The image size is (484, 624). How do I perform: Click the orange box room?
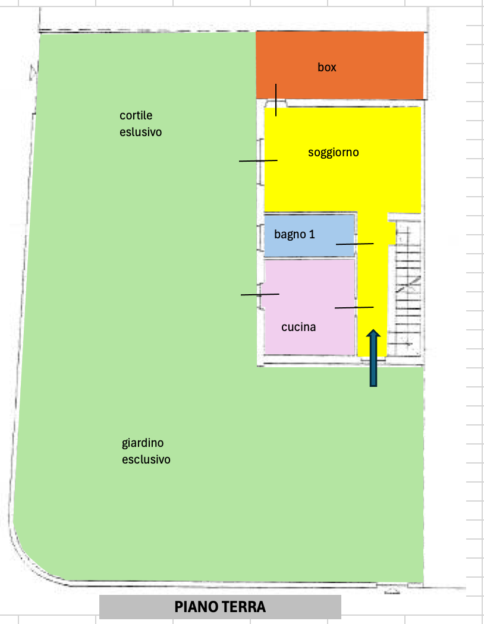click(340, 65)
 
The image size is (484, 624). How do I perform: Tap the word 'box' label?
click(327, 67)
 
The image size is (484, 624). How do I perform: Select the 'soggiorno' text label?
click(334, 152)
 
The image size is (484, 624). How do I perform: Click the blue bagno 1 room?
click(309, 235)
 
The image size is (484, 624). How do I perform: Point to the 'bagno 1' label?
click(294, 234)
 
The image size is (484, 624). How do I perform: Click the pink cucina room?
click(309, 307)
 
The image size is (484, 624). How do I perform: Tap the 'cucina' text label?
click(298, 327)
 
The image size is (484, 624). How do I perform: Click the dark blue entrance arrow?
click(373, 358)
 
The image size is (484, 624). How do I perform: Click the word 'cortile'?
click(136, 115)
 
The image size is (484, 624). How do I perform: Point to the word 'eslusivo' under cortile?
click(140, 132)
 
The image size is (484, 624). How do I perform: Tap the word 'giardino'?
click(143, 443)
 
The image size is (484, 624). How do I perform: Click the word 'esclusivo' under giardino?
click(146, 459)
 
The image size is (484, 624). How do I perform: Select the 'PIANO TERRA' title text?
click(220, 607)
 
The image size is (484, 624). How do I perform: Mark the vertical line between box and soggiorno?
click(276, 100)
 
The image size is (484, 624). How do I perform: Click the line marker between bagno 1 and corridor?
click(354, 244)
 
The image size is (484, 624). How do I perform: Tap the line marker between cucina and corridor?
click(354, 307)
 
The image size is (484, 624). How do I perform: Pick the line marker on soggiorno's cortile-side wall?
click(258, 161)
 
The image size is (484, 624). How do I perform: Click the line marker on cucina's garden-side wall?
click(260, 295)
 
